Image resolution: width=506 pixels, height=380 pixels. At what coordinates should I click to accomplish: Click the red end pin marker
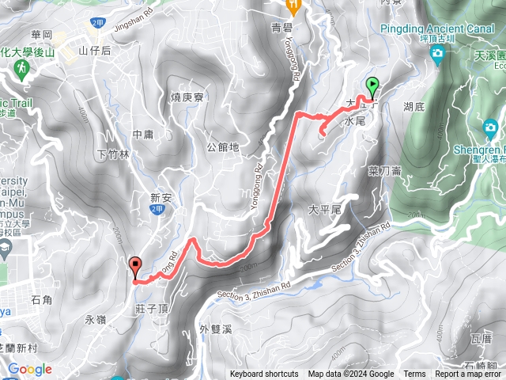pos(135,268)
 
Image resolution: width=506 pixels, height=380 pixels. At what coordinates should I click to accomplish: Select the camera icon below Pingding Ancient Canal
pos(437,55)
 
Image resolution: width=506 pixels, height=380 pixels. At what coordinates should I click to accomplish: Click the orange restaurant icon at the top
pos(295,7)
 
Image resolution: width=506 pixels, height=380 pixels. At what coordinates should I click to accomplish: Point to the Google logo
pos(29,369)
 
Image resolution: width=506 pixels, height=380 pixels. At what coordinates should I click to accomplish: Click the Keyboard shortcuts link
pos(264,374)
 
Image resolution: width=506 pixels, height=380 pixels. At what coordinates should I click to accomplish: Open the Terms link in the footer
pos(414,374)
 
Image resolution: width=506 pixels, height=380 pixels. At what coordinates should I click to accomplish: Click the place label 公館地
pos(222,147)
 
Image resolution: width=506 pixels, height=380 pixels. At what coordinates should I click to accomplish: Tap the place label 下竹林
pos(112,154)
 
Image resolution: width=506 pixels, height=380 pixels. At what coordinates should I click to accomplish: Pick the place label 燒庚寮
pos(187,97)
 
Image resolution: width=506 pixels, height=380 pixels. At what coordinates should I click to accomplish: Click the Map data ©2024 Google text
pos(350,374)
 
